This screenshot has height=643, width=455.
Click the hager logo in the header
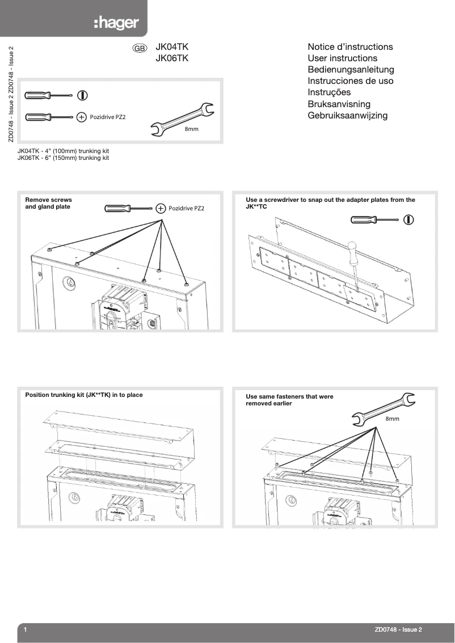click(x=116, y=24)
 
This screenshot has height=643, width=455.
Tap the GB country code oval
click(x=140, y=49)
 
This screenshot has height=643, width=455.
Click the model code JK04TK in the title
click(x=172, y=47)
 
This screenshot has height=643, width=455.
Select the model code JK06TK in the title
click(x=172, y=58)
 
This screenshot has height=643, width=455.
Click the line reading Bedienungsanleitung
click(x=350, y=70)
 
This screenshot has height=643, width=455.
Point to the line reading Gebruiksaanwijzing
click(x=347, y=116)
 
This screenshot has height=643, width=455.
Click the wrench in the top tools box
click(x=182, y=120)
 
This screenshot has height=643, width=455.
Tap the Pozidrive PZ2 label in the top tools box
click(x=108, y=117)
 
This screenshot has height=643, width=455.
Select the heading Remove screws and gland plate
click(x=49, y=203)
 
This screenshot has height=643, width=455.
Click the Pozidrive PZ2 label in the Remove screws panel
click(x=186, y=209)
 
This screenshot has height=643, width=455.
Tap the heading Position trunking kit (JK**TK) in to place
click(x=84, y=395)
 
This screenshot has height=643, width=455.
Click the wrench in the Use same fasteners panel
click(x=380, y=409)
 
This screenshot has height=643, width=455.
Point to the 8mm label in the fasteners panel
click(x=393, y=418)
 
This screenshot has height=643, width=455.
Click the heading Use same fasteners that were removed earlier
click(x=289, y=400)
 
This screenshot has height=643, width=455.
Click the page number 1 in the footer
click(x=26, y=629)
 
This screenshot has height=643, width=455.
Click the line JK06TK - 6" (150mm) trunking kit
click(x=64, y=158)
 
